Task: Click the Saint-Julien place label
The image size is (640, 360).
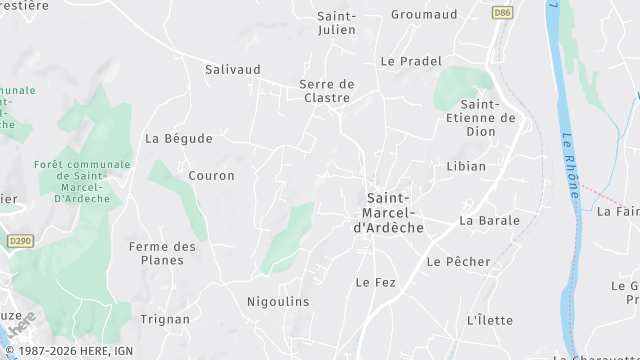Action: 336,23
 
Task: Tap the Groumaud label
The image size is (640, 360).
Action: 424,15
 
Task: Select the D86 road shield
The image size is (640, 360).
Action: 502,13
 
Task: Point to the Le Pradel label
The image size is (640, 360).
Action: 411,61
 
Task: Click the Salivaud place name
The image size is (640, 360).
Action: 232,70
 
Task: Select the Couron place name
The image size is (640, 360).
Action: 211,176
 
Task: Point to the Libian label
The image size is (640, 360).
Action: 466,166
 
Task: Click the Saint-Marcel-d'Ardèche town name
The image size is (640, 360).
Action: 389,213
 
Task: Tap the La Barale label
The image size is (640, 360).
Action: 489,220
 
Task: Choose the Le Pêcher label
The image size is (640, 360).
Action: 458,262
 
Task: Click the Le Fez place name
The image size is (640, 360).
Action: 376,283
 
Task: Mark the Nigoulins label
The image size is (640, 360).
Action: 278,301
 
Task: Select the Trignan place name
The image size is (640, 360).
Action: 166,320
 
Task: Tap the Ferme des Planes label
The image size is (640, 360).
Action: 163,254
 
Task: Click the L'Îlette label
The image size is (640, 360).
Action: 490,320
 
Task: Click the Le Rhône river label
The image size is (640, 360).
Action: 570,165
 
